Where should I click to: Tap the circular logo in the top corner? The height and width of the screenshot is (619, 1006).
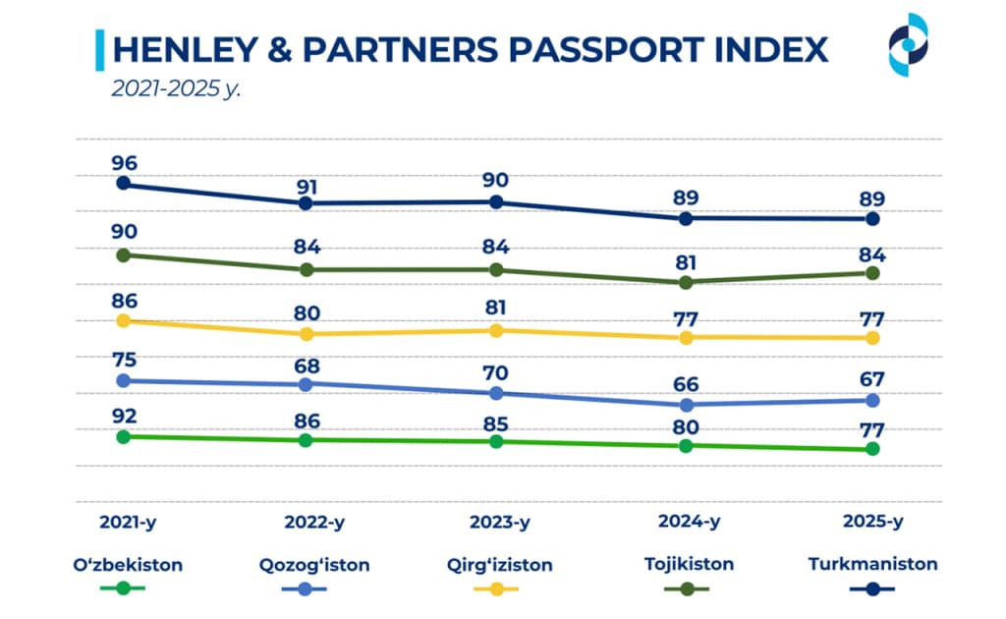point(908,44)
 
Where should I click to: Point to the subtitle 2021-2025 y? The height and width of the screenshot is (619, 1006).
point(176,88)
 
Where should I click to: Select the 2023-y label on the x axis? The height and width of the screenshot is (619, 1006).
point(497,522)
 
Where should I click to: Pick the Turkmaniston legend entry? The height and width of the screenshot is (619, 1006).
point(872,564)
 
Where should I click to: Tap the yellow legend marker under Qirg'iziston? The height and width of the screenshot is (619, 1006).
point(498,589)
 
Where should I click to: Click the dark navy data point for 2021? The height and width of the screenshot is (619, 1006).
point(124,184)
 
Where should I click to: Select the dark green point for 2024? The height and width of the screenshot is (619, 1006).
point(686,283)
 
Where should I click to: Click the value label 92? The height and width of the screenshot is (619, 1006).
point(124,417)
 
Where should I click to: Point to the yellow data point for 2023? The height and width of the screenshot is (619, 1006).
point(496,330)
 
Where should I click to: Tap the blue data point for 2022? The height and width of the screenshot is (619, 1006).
point(306,384)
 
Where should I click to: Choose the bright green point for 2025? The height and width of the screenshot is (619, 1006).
point(870,449)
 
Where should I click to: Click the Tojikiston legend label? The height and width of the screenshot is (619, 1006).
point(685,565)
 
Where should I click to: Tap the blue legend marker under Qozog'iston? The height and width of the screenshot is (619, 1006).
point(308,589)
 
